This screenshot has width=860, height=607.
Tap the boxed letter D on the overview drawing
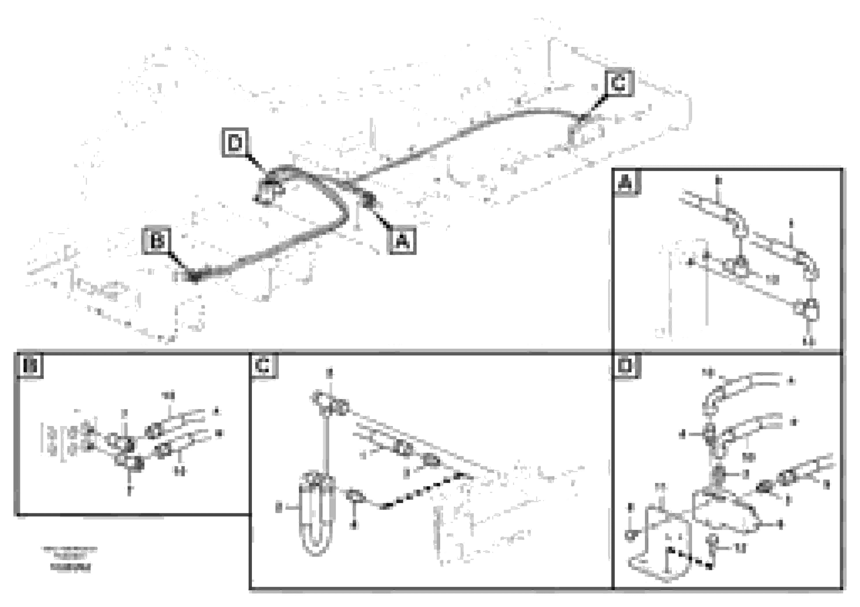pos(235,142)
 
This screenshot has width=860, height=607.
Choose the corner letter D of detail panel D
pos(626,366)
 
